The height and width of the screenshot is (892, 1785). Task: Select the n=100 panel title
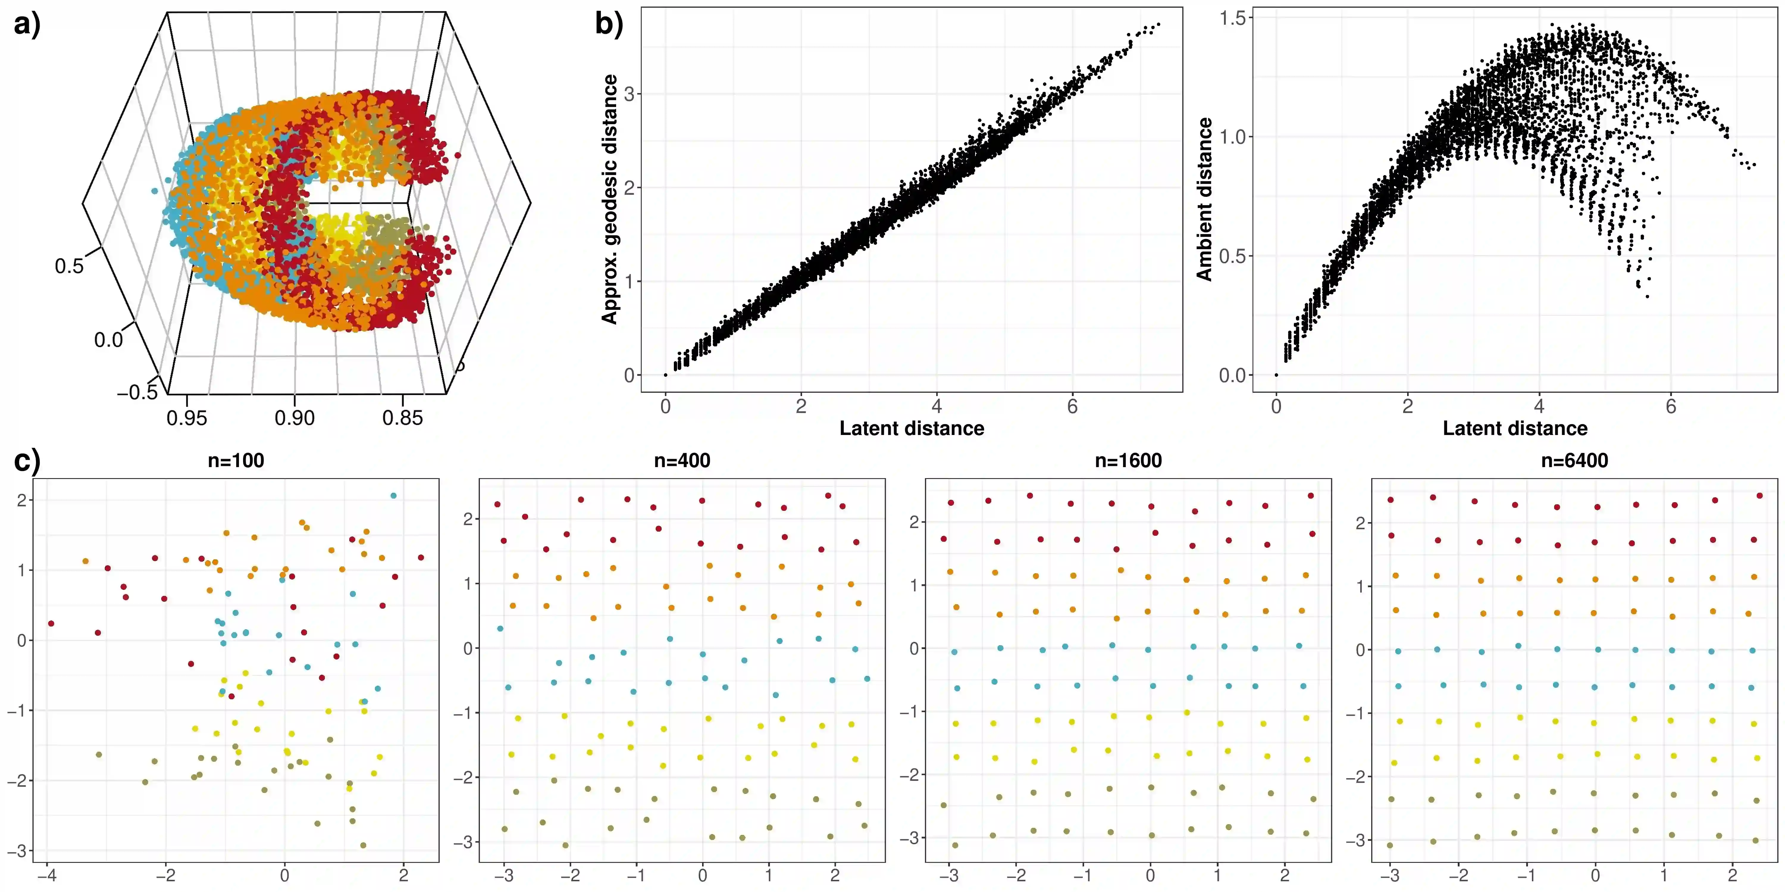(236, 461)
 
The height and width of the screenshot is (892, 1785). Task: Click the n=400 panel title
(682, 461)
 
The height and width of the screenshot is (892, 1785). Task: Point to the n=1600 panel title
(1128, 461)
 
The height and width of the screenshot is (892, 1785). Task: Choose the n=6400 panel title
(1574, 461)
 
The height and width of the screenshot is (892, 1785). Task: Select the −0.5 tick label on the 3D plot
(138, 393)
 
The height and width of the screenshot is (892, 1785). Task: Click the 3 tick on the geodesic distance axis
(629, 94)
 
